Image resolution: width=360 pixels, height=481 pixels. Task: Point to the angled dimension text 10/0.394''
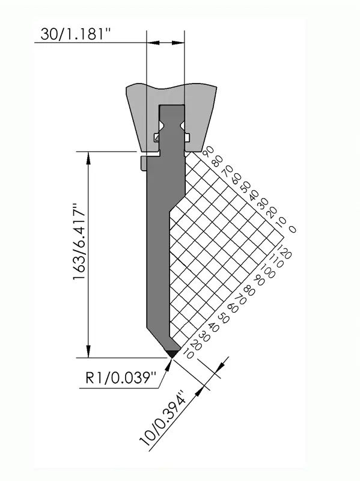(x=163, y=418)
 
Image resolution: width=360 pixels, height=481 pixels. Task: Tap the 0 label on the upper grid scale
(x=293, y=229)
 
